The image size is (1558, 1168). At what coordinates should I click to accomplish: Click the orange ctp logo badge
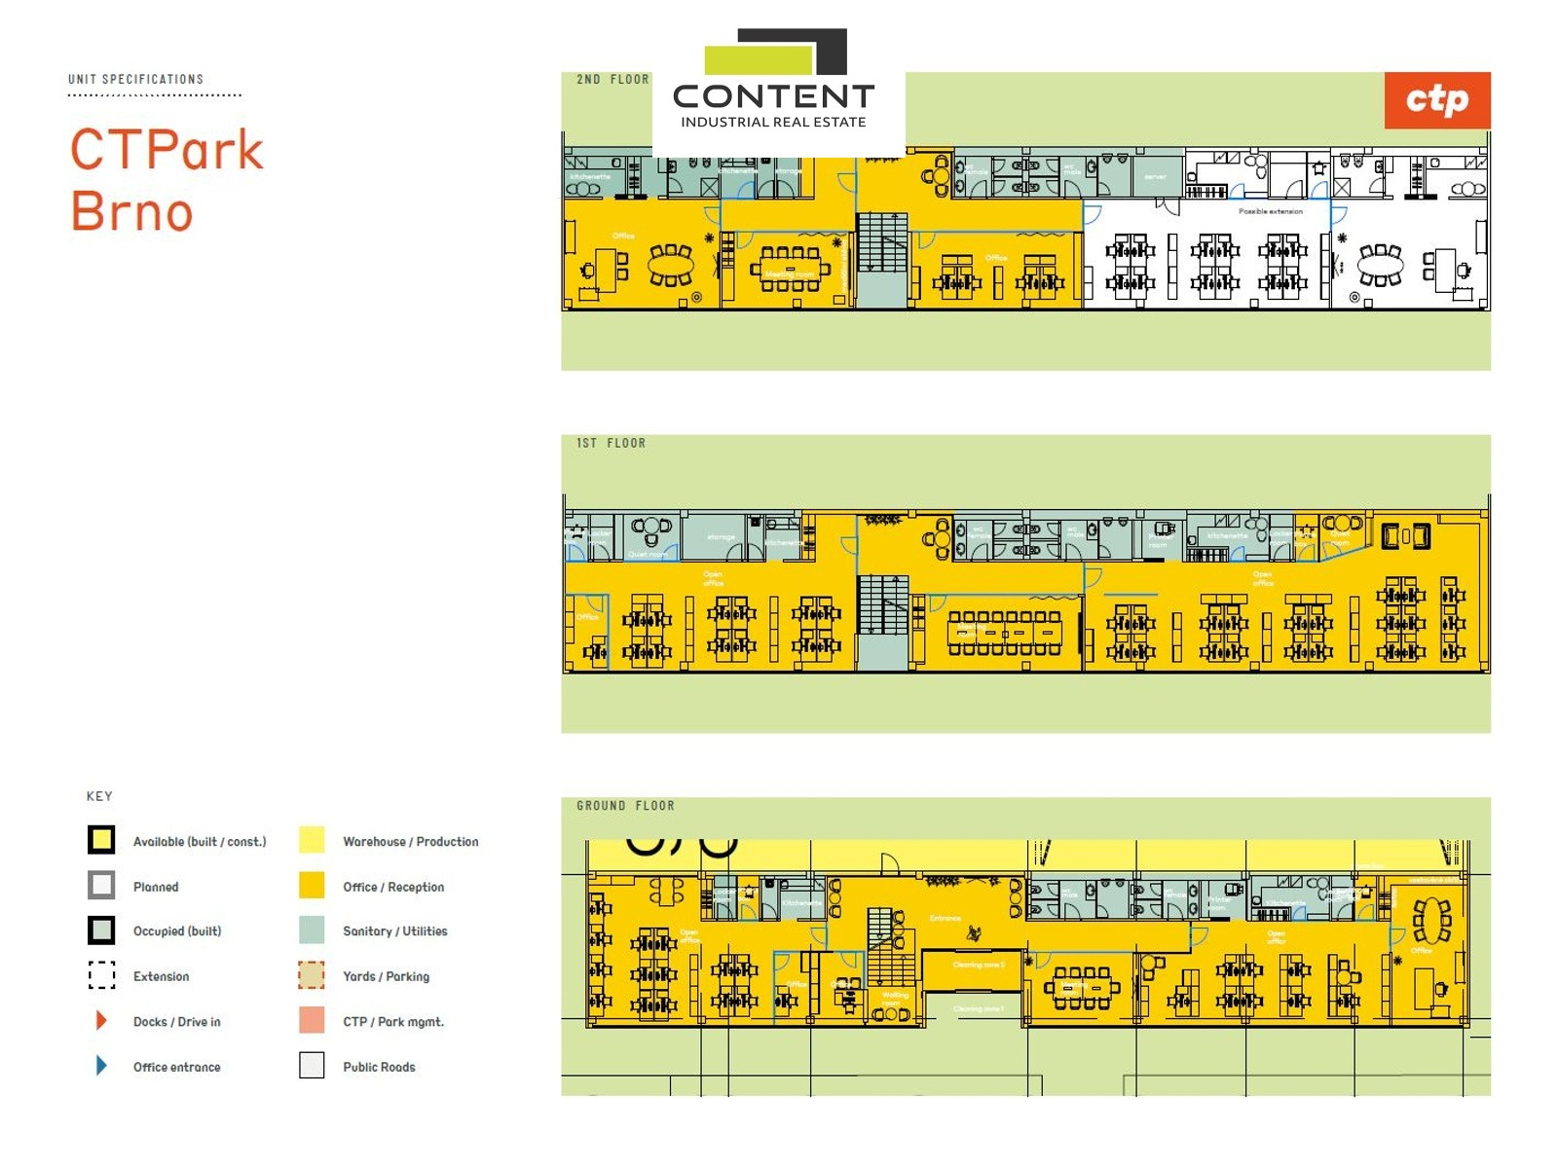1436,100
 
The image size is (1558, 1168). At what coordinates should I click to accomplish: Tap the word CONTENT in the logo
773,96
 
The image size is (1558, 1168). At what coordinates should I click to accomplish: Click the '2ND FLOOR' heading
612,80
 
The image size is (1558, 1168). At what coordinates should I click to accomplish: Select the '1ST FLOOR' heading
611,443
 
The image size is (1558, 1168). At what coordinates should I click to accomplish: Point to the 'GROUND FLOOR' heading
625,806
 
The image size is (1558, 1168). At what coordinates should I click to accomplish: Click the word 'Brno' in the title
132,211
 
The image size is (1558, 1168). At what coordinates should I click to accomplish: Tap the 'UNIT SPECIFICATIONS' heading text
135,79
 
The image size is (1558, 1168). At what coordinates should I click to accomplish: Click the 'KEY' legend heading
99,796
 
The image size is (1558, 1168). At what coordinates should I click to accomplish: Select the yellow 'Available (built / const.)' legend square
101,840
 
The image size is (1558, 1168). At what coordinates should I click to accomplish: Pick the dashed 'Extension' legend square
101,975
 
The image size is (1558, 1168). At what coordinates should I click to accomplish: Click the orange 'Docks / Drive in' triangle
101,1021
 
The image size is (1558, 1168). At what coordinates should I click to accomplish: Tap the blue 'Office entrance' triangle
101,1066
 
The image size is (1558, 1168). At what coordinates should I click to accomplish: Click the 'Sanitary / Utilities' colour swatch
312,931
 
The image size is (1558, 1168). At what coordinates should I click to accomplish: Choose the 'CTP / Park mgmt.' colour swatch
312,1020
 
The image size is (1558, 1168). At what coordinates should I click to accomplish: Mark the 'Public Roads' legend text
379,1067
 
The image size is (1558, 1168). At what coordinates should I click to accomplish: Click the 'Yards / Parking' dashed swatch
312,975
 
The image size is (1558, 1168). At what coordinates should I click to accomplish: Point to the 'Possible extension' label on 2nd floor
1270,211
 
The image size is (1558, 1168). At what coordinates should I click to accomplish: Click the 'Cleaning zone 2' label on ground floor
978,965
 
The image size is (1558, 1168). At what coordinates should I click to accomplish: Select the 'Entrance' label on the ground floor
945,918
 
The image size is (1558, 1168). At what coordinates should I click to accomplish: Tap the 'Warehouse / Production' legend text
410,842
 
